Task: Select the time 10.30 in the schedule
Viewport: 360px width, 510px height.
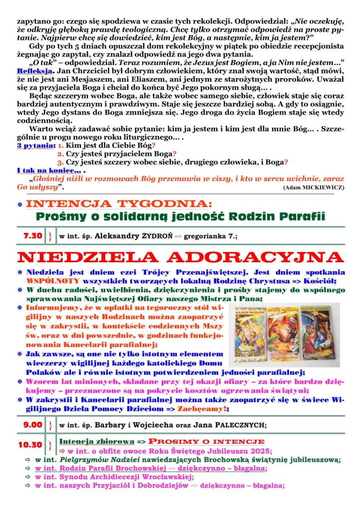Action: point(30,445)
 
